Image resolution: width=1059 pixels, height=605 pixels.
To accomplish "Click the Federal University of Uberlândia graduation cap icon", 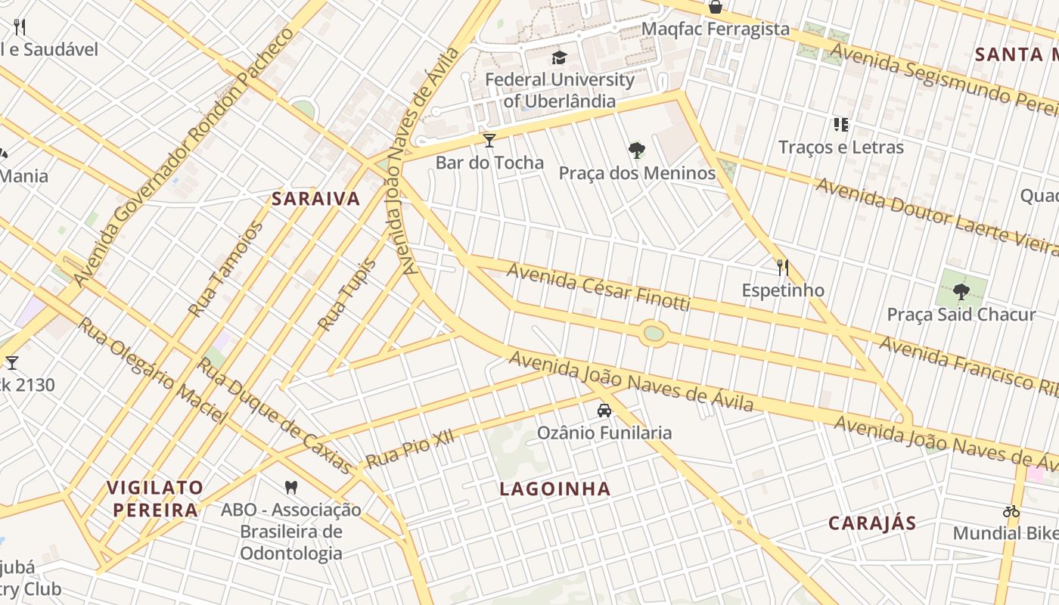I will [559, 57].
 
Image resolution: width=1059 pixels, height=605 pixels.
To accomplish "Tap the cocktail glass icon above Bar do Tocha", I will [489, 140].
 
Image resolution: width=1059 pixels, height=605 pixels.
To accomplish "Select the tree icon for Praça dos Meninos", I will [637, 150].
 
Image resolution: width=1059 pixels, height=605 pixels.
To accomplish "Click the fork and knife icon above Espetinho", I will [783, 267].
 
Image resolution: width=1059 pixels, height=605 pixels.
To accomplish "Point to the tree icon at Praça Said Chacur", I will [961, 291].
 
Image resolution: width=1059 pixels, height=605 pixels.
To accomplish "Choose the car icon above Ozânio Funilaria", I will [604, 411].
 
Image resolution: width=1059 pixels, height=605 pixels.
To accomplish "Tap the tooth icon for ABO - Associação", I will [290, 487].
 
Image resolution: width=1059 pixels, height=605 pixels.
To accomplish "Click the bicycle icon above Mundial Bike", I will [1011, 511].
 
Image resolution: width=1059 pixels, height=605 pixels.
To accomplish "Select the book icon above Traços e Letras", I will [840, 124].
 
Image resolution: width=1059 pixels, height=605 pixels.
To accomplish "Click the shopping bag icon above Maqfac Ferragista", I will [715, 7].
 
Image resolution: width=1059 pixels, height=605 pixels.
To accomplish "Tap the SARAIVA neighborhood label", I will [316, 199].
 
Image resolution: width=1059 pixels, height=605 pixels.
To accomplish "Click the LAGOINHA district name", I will [555, 489].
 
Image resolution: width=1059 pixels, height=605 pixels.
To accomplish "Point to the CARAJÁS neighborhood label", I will [872, 523].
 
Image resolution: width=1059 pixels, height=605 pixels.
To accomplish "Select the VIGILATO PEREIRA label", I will [155, 498].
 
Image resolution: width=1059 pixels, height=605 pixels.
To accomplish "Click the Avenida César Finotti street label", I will [598, 287].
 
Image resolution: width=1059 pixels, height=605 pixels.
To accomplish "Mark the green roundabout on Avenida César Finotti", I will [653, 334].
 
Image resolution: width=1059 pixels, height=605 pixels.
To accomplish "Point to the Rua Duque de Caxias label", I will [275, 416].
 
